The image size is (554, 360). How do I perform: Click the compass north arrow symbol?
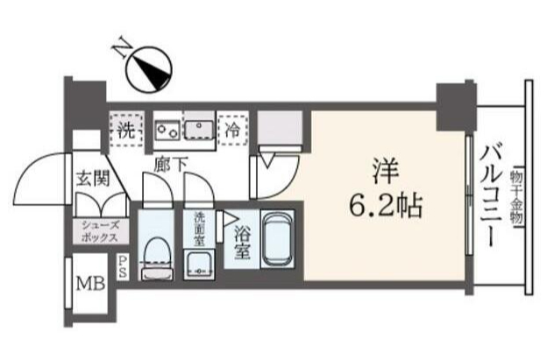coord(149,71)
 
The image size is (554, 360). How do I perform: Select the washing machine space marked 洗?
coord(126,129)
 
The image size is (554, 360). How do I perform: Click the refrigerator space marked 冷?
coord(232,130)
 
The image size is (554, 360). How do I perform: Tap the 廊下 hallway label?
coord(170,164)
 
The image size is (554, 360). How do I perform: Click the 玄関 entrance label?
coord(93,178)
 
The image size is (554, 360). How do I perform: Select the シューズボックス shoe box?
coord(100,232)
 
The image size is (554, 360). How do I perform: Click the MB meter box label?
coord(91,283)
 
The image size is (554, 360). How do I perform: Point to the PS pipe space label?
coord(122,266)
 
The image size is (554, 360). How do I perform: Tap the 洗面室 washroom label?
coord(200,229)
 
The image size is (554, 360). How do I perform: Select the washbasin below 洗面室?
coord(198,265)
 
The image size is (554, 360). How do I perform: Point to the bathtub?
coord(278,239)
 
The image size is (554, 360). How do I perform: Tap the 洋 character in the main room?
coord(387,172)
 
